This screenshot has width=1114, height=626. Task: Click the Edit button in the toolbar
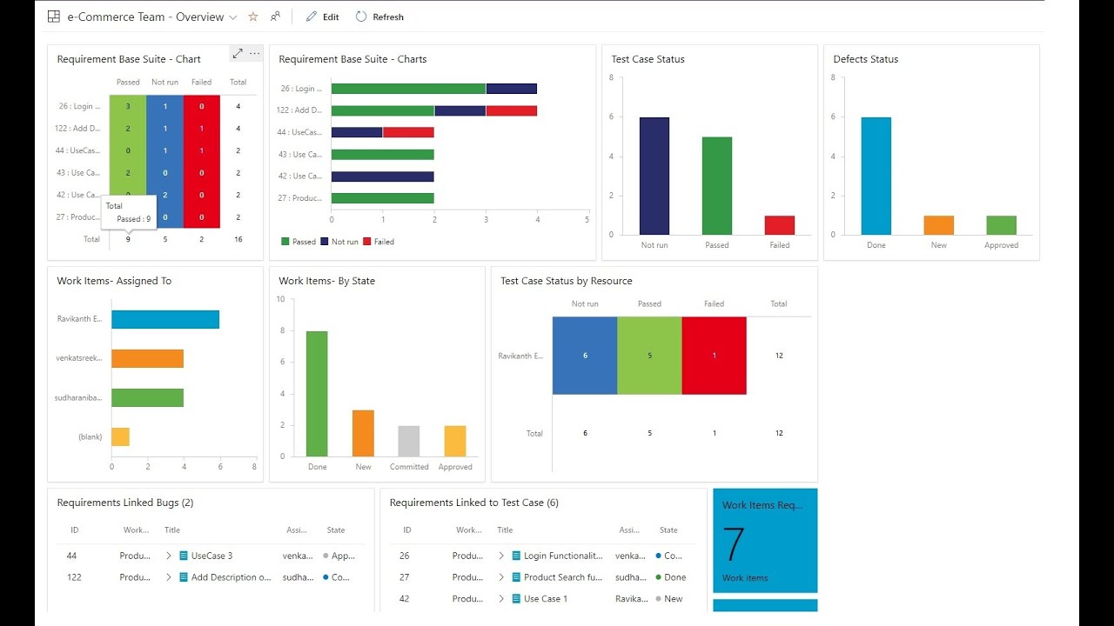pos(322,17)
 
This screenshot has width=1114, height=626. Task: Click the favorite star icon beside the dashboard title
pos(253,17)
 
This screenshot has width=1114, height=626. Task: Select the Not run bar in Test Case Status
pos(654,176)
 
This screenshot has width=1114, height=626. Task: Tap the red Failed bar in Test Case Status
pos(779,225)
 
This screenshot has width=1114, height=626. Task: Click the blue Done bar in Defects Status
pos(876,176)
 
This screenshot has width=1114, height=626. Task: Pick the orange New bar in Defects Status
pos(938,225)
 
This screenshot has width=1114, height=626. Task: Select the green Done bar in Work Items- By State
pos(317,393)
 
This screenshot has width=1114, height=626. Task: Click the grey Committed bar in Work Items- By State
pos(408,441)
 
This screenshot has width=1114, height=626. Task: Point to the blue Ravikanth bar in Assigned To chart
pos(165,319)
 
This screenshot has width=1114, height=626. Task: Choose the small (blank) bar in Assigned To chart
pos(120,436)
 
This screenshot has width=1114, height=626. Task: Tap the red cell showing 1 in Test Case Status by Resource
pos(714,356)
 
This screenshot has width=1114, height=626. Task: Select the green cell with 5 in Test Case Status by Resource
pos(649,356)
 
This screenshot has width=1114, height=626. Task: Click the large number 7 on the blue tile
pos(734,545)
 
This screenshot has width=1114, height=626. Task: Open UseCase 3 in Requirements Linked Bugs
pos(211,556)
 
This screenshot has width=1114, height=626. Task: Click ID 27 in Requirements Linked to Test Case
pos(405,577)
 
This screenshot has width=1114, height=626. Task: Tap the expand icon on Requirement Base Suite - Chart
pos(237,54)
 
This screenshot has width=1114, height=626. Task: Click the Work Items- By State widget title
pos(326,281)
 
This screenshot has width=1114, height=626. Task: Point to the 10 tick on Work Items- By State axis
pos(280,299)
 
